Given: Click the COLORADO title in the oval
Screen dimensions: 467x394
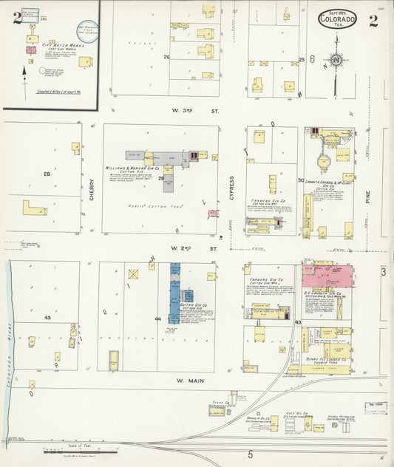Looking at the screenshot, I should pyautogui.click(x=338, y=20).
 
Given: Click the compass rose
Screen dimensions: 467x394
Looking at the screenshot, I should pyautogui.click(x=336, y=59).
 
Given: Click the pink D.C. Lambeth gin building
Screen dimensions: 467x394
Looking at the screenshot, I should pyautogui.click(x=326, y=275).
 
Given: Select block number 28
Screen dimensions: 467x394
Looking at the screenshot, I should pyautogui.click(x=47, y=174).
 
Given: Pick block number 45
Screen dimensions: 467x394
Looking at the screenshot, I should pyautogui.click(x=47, y=318).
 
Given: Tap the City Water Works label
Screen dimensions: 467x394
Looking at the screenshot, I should pyautogui.click(x=58, y=45).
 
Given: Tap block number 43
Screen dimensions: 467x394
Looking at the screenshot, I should pyautogui.click(x=298, y=323).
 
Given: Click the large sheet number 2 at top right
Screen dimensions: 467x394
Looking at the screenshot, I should pyautogui.click(x=374, y=20).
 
